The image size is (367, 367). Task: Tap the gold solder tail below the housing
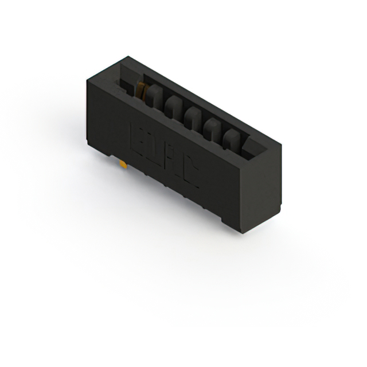[x=123, y=165]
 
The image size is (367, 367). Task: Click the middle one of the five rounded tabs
[x=193, y=117]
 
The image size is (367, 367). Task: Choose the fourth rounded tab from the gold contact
[x=213, y=127]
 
